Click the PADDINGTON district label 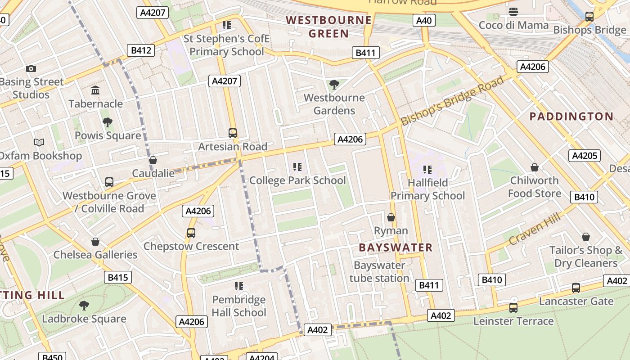coord(571,117)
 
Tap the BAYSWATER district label coord(396,247)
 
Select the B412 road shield coord(141,50)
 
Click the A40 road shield coord(424,20)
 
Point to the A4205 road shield coord(585,156)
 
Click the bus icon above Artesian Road coord(233,133)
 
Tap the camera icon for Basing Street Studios coord(31,69)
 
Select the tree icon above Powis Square coord(107,122)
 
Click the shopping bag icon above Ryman coord(391,218)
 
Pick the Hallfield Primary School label coord(427,189)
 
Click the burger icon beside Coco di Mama coord(513,12)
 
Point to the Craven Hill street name coord(534,229)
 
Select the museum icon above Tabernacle coord(95,90)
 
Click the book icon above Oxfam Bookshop coord(39,143)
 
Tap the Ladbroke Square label coord(84,319)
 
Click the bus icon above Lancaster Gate coord(576,288)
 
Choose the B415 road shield coord(117,277)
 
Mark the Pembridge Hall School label coord(239,306)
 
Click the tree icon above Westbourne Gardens coord(334,84)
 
